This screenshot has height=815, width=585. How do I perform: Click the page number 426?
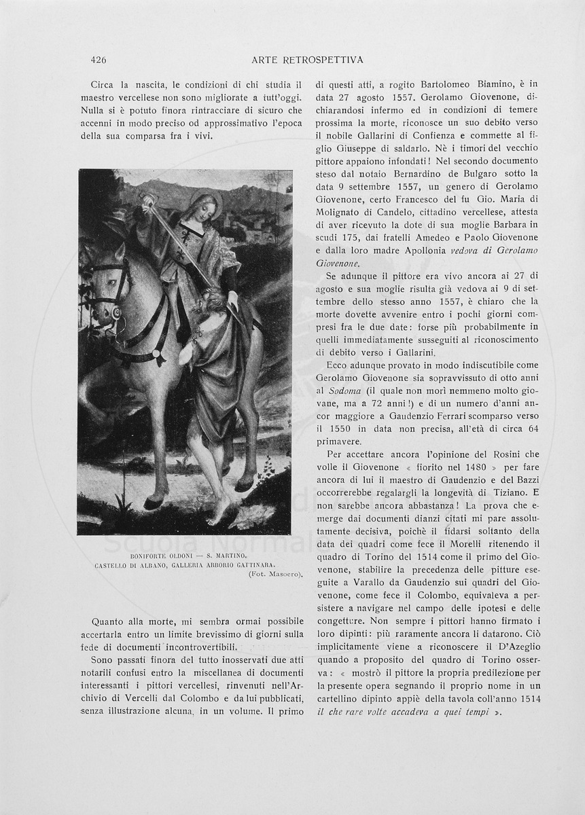point(99,60)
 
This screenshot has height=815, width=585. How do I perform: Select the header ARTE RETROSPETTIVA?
point(307,60)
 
